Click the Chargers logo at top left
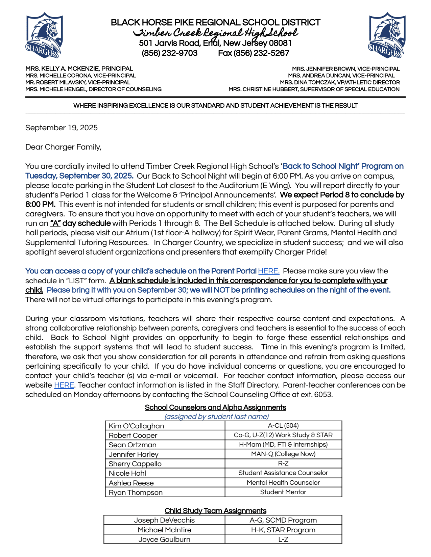(44, 35)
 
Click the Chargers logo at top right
(387, 35)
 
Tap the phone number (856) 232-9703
(169, 53)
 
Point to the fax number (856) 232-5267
(254, 53)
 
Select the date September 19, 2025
(62, 128)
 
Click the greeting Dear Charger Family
(63, 147)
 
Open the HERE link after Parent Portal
(268, 271)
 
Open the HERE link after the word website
(64, 385)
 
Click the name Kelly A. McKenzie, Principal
(79, 69)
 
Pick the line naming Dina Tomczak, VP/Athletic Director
(340, 82)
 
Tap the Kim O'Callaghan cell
(136, 426)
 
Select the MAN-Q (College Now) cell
(283, 454)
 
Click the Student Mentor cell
(283, 492)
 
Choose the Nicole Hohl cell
(127, 473)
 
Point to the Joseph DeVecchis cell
(164, 520)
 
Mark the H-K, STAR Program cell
(283, 530)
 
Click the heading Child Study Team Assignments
(215, 511)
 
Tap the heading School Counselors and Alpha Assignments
(215, 407)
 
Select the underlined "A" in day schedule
(55, 223)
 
